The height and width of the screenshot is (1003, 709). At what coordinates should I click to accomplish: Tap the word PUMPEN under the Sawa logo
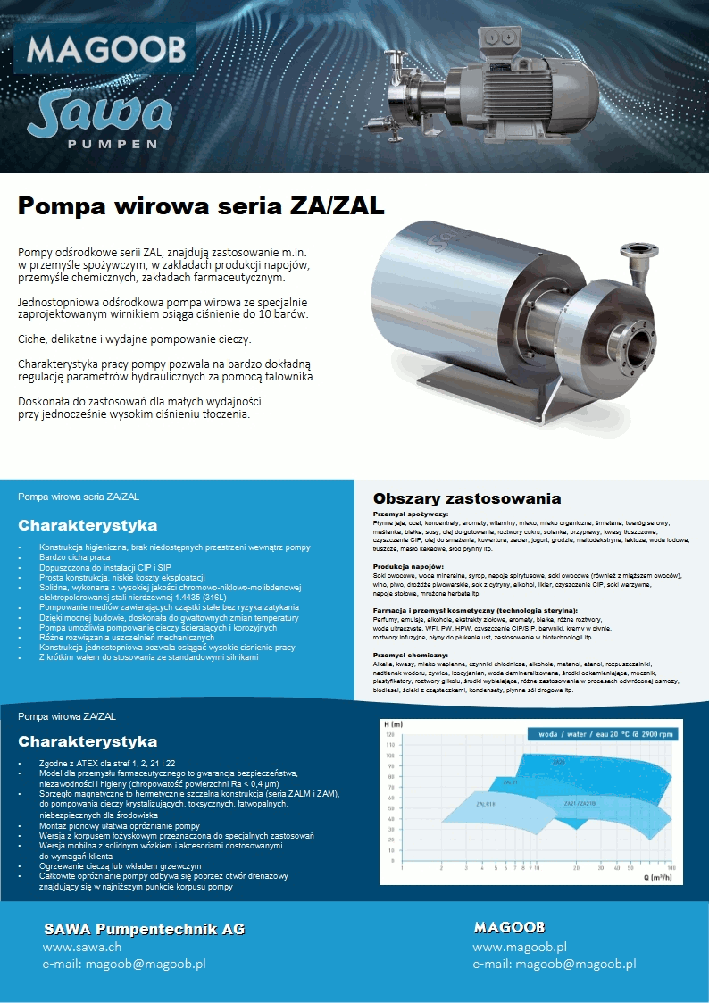point(113,143)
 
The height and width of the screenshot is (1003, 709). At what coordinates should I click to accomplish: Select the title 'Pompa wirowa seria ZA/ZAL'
point(202,207)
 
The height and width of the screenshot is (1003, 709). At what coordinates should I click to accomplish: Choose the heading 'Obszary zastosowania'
point(467,498)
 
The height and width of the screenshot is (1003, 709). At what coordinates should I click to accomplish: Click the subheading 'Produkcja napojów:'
point(408,567)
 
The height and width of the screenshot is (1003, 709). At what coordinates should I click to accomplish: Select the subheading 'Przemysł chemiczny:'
point(412,656)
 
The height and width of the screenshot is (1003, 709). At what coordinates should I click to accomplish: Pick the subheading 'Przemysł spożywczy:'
point(412,514)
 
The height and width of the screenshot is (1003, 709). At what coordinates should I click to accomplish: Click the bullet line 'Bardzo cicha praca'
point(74,556)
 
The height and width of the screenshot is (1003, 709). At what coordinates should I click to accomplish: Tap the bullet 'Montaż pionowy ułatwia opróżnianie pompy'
point(120,826)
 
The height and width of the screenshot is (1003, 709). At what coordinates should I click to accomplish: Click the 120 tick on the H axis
point(390,734)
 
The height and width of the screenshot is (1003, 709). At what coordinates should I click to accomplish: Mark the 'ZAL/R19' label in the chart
point(486,805)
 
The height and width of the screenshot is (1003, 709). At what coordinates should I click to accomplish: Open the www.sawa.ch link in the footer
point(82,947)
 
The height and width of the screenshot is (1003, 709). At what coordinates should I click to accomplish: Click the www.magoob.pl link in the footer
point(520,947)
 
